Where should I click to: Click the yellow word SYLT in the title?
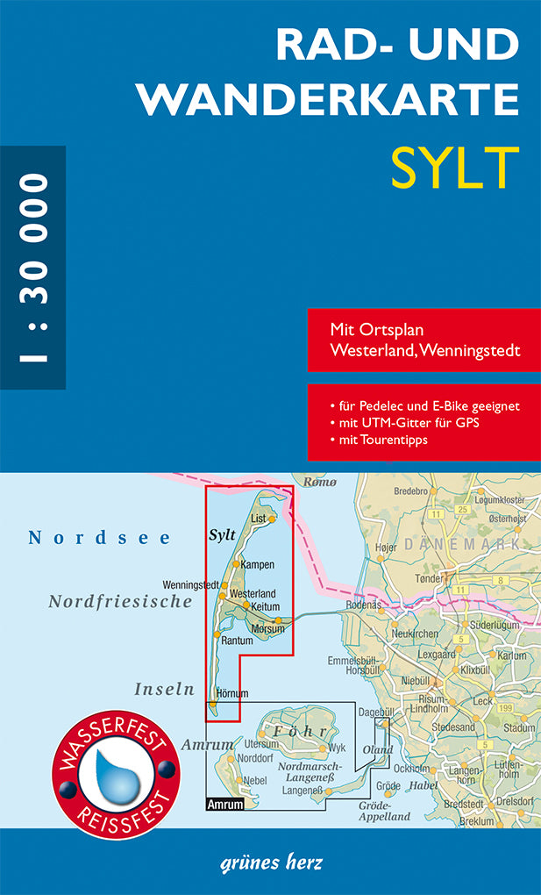[x=454, y=166]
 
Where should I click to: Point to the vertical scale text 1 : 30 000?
[x=32, y=267]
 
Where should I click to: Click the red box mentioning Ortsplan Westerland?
[x=424, y=340]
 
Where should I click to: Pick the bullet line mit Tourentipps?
[x=384, y=440]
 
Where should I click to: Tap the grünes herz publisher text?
[x=270, y=862]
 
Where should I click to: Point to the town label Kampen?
[x=257, y=564]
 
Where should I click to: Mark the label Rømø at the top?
[x=319, y=482]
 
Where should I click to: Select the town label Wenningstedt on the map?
[x=190, y=585]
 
